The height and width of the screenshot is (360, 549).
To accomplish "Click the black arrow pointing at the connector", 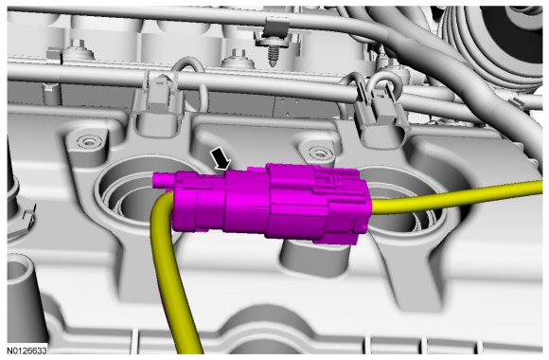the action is (x=221, y=158).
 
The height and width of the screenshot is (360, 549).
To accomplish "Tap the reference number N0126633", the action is (x=27, y=350).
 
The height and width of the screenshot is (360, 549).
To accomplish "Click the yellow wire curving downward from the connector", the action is (x=165, y=266).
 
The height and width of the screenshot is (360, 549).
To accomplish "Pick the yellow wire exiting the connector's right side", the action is (x=455, y=198).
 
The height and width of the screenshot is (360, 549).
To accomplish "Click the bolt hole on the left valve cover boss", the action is (x=86, y=141).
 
